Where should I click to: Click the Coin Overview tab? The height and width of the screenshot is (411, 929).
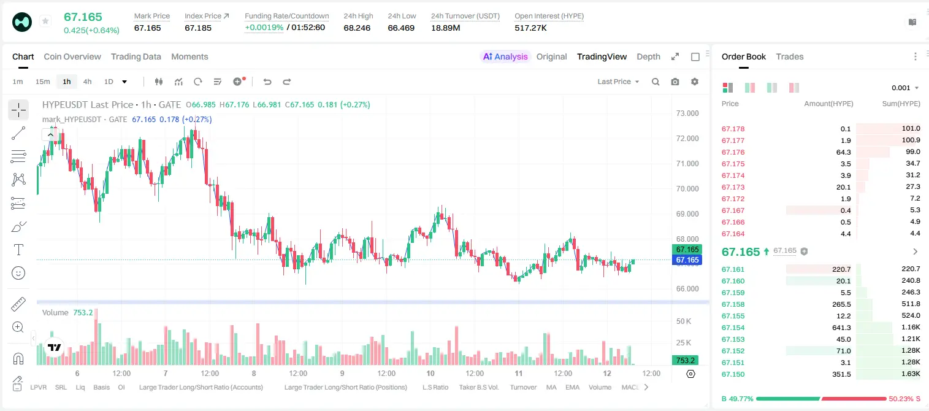click(72, 56)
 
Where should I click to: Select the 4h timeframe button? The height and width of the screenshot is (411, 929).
click(87, 82)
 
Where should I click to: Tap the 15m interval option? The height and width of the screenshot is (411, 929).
click(42, 82)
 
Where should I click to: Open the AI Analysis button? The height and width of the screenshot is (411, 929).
click(505, 56)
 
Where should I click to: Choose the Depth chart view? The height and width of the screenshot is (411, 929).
click(648, 56)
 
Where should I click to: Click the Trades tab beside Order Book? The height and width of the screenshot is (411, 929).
click(790, 56)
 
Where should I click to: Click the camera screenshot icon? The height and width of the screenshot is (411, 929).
click(675, 82)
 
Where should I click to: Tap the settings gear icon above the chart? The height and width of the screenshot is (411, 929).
click(695, 82)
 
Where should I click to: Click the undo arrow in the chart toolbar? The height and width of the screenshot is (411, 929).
click(267, 82)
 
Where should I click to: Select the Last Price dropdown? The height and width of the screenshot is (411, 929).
click(618, 82)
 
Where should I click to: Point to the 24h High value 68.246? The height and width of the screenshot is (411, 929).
click(357, 28)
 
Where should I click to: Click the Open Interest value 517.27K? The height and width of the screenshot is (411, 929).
click(530, 28)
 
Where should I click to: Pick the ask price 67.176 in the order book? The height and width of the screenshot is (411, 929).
click(733, 152)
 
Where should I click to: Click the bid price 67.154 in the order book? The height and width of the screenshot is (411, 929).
click(733, 328)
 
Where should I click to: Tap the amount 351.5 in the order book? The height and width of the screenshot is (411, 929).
click(841, 374)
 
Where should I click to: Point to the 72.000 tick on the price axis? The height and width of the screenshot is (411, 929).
click(687, 139)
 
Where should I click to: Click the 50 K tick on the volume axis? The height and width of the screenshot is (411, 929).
click(684, 321)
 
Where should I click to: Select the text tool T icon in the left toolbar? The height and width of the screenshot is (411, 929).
click(18, 250)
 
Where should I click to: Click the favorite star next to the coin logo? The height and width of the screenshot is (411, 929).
click(45, 21)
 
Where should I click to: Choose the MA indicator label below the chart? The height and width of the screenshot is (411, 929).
click(551, 387)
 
